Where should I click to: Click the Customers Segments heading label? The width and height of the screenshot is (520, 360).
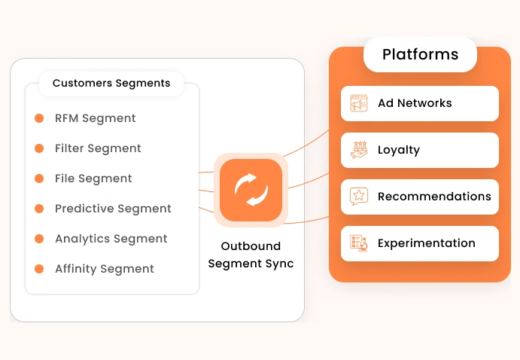111,83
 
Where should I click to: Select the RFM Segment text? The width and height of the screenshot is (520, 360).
96,118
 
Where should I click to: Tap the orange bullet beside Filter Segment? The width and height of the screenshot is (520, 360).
39,148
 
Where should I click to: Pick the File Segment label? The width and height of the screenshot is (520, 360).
93,178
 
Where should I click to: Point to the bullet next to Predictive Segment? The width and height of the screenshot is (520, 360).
39,209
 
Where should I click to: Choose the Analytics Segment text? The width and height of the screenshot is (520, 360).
111,239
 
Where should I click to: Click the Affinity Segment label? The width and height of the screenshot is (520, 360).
105,269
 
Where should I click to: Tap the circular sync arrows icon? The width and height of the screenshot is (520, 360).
251,190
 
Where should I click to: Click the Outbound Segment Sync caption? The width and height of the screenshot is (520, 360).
251,255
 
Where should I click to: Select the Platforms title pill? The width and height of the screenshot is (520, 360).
420,55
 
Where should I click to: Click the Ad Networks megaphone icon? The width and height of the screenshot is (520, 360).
359,103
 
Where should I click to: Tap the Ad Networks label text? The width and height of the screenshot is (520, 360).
415,103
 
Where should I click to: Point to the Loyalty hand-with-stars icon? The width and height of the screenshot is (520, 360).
359,150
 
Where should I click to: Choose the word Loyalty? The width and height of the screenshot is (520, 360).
399,150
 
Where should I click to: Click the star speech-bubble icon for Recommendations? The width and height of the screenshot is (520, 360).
359,197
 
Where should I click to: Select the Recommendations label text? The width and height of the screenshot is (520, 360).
434,197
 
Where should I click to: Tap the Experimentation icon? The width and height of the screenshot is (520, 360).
359,243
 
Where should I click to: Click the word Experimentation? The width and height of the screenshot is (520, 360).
427,243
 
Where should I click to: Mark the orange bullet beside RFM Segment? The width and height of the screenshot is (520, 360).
39,118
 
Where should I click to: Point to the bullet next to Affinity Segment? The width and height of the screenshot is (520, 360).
39,269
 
